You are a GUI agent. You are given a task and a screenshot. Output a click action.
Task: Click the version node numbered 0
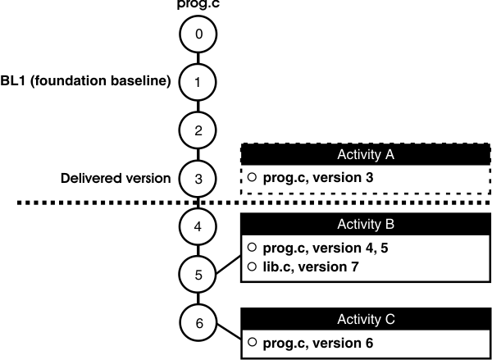click(198, 34)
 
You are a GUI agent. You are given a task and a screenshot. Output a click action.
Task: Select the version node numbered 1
click(198, 81)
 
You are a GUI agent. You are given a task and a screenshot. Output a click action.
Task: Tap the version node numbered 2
click(198, 129)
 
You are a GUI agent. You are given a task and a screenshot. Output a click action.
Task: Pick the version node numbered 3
click(198, 176)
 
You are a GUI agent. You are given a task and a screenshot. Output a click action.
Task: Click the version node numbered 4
click(198, 225)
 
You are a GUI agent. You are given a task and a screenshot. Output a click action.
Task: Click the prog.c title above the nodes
click(198, 4)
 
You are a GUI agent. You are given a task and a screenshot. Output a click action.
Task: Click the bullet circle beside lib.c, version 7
click(252, 266)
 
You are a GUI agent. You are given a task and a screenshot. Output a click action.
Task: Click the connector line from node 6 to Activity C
click(226, 332)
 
